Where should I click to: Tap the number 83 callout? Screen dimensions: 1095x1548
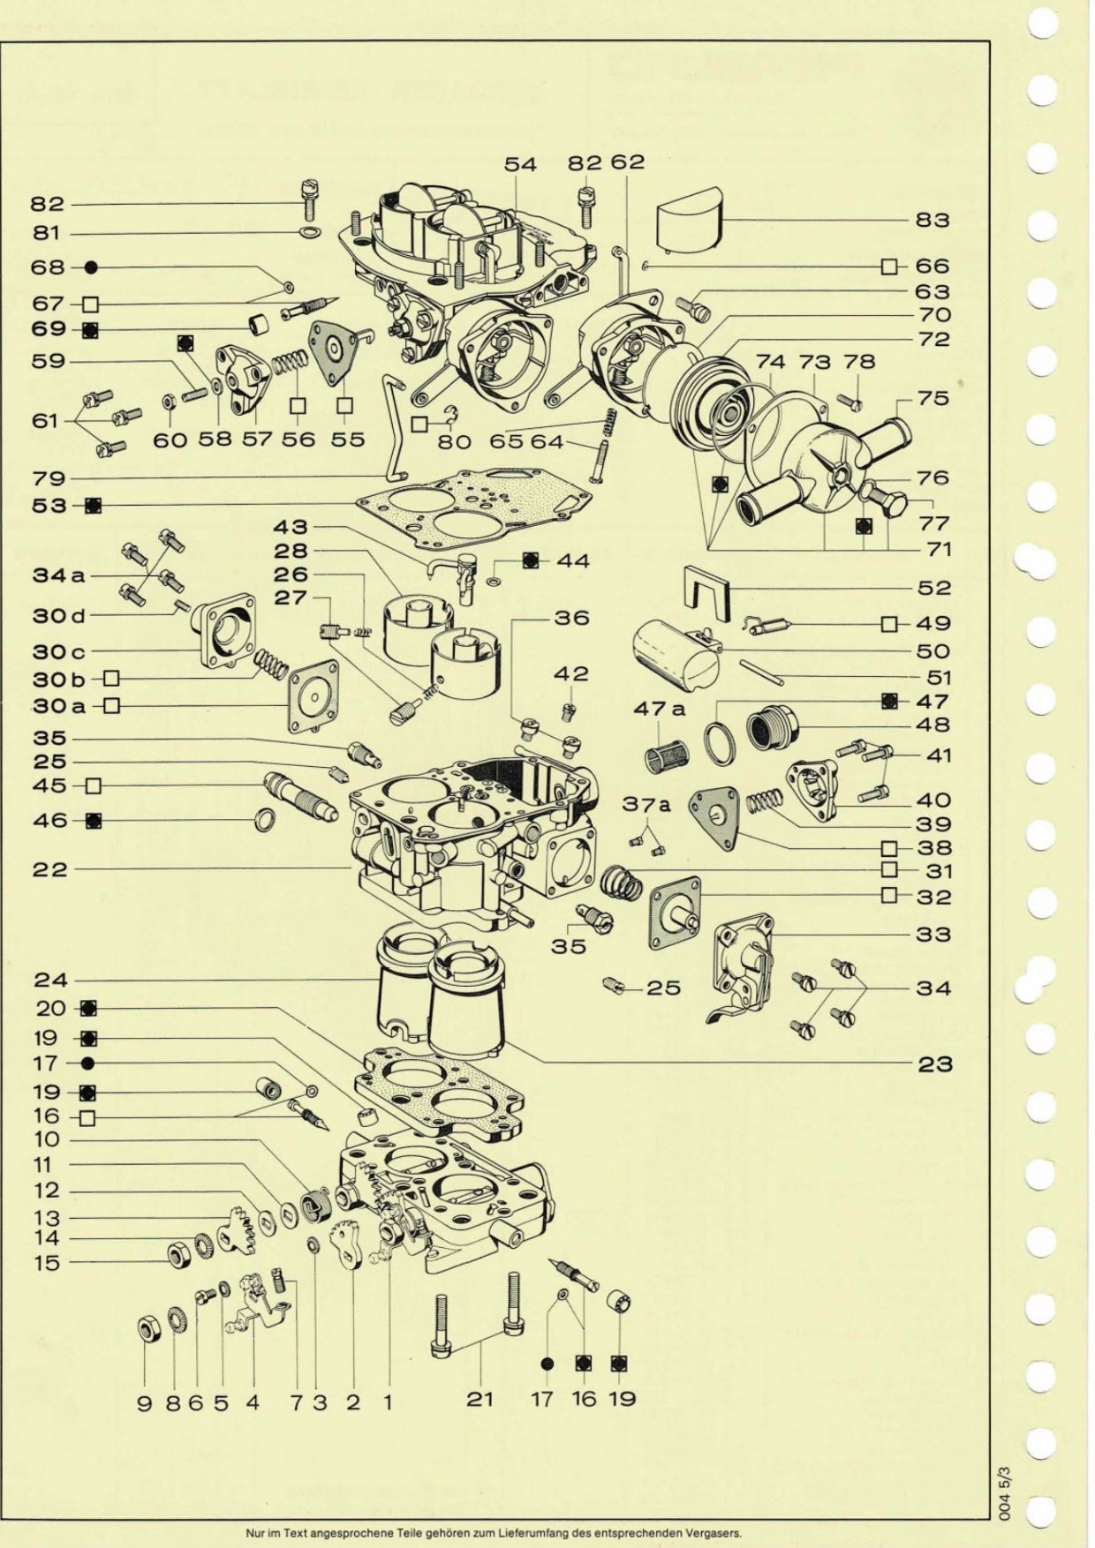click(x=933, y=219)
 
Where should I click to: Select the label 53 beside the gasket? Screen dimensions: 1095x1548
click(x=49, y=505)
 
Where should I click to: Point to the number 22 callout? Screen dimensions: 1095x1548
click(x=49, y=869)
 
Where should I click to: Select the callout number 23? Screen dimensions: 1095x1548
click(x=933, y=1063)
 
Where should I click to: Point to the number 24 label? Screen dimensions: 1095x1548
click(x=50, y=980)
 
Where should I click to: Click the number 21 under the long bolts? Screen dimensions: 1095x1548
click(x=480, y=1398)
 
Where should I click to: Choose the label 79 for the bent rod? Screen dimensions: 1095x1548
click(x=49, y=478)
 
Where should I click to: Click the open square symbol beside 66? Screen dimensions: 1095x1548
click(x=890, y=266)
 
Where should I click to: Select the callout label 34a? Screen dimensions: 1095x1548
click(x=58, y=575)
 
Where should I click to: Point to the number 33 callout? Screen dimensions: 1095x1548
click(x=933, y=934)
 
